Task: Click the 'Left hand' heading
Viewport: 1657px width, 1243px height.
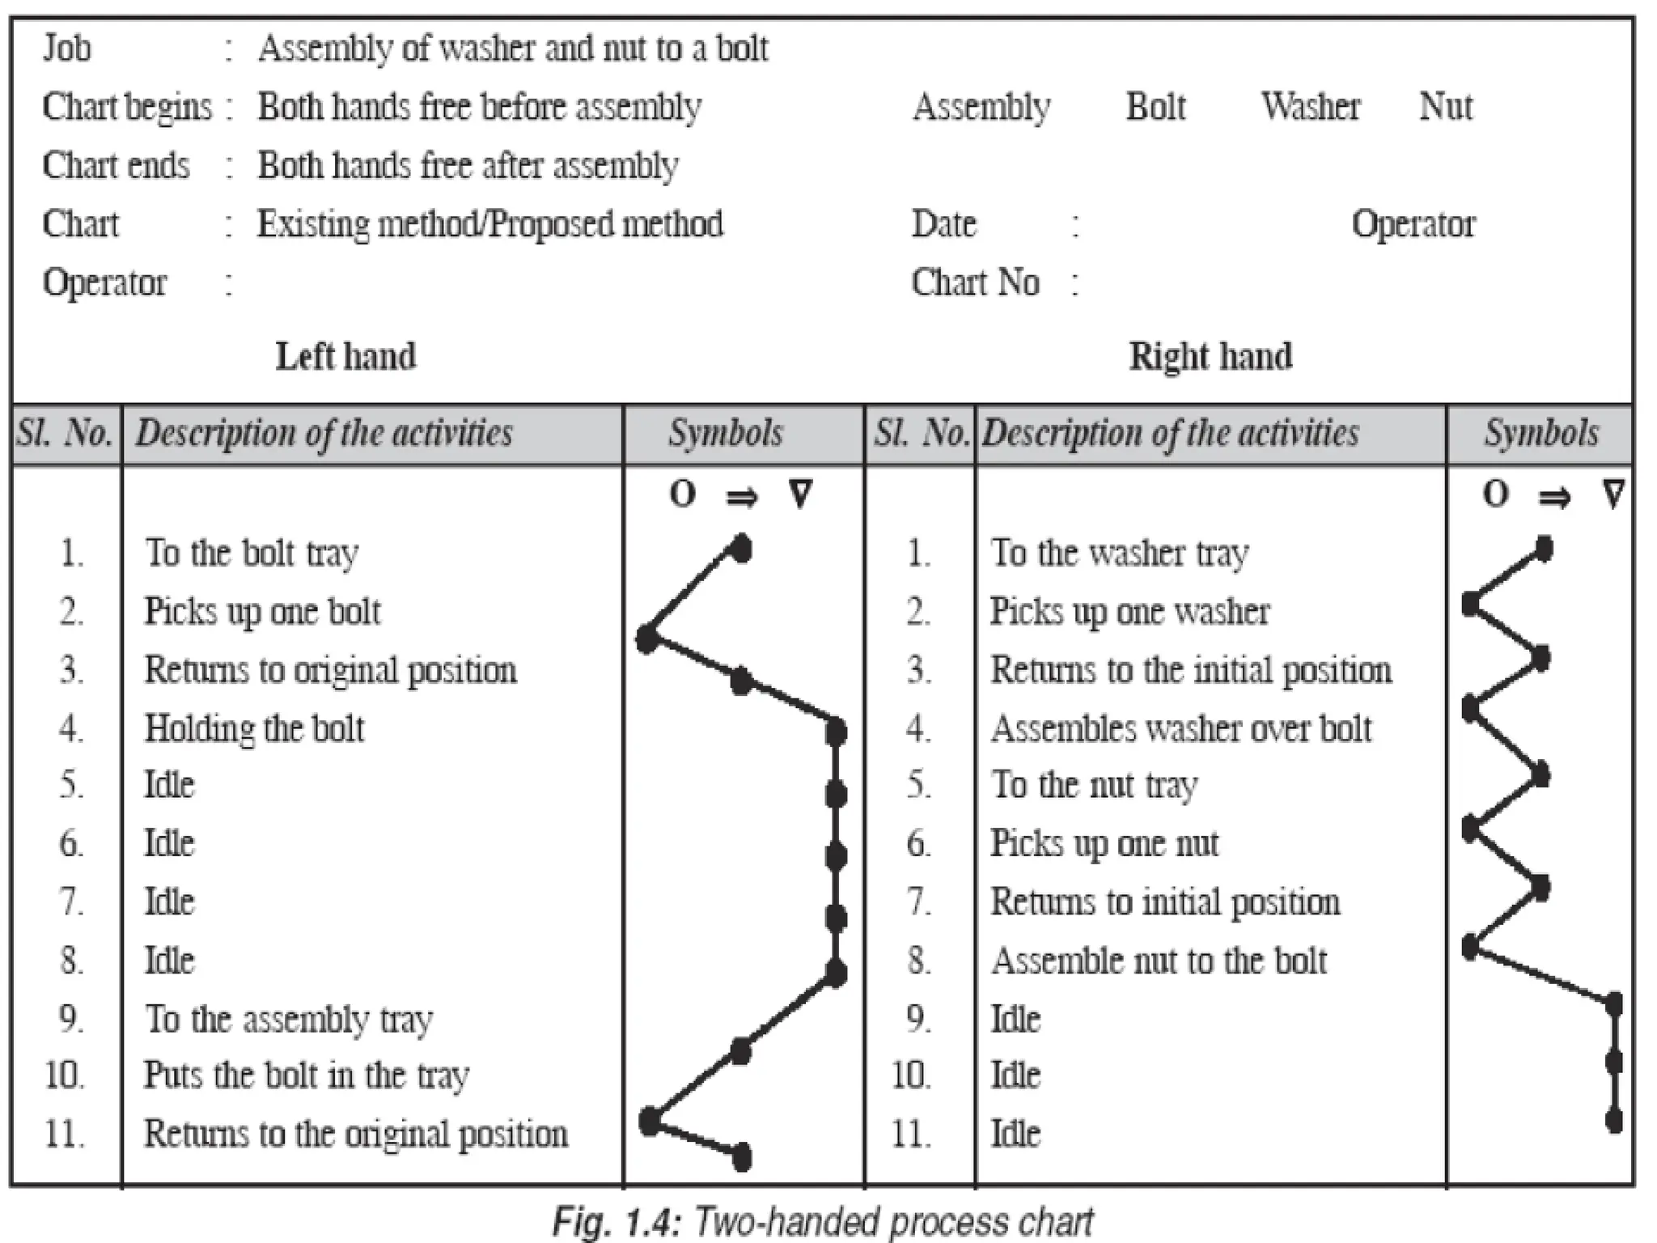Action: point(345,356)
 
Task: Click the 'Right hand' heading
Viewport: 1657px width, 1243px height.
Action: point(1210,356)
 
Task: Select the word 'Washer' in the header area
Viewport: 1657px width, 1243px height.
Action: point(1311,106)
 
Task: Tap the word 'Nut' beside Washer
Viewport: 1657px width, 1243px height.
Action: point(1446,106)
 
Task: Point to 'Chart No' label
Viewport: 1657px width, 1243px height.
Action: point(975,282)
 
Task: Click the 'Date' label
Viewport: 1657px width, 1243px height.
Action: point(943,223)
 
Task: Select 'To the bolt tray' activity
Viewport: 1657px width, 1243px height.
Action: point(252,554)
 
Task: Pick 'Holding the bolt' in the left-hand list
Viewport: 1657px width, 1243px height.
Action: point(254,728)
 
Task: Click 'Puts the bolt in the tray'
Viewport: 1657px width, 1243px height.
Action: point(307,1076)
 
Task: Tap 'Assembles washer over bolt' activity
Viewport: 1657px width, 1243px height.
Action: point(1181,728)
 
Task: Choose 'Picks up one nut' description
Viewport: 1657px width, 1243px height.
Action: point(1104,844)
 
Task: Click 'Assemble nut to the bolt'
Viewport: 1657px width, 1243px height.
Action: point(1159,961)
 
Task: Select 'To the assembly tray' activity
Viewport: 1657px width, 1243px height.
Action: point(289,1019)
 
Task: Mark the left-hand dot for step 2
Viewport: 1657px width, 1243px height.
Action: point(646,639)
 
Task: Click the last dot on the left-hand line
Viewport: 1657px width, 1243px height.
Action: point(741,1157)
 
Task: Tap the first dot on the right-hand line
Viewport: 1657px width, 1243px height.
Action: point(1544,549)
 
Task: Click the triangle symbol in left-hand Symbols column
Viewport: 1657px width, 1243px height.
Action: point(800,493)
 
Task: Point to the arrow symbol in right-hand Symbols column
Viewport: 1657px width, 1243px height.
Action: point(1553,496)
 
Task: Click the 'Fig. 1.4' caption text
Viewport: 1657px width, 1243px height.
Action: point(822,1220)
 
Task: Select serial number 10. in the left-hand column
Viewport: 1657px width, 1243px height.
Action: point(66,1076)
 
